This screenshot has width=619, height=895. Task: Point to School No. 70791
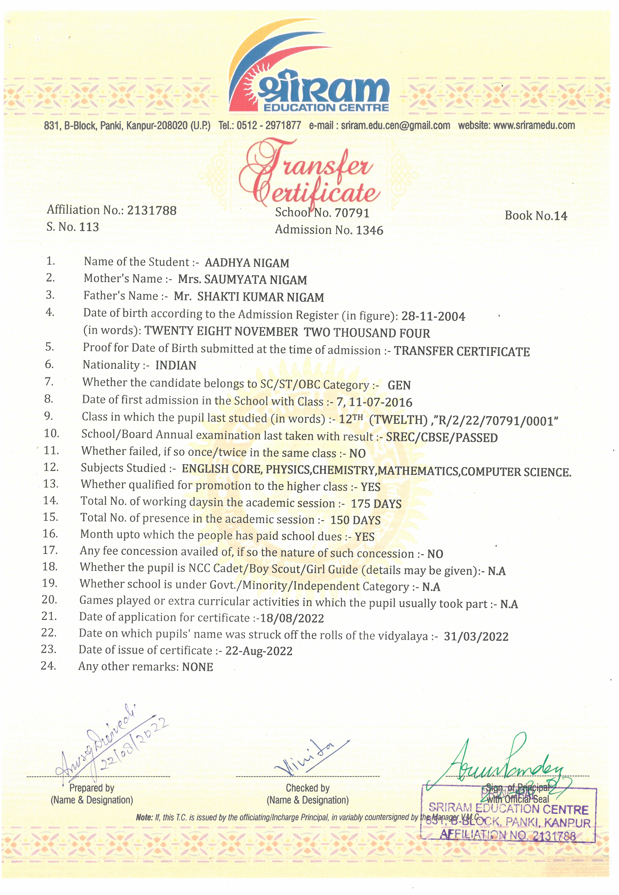tap(322, 213)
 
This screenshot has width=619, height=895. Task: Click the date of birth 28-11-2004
tap(433, 317)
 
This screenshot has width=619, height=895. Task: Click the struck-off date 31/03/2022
tap(476, 637)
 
